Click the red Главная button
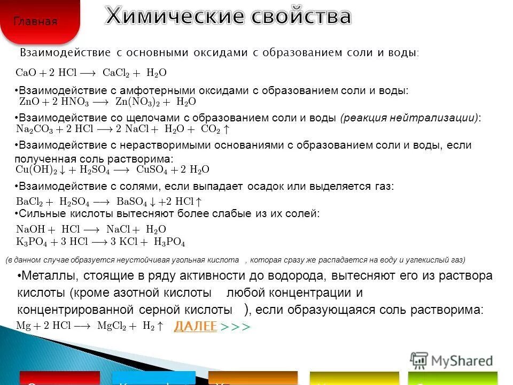pyautogui.click(x=35, y=21)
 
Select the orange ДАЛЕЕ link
pyautogui.click(x=196, y=326)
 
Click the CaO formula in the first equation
pyautogui.click(x=26, y=72)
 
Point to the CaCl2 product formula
pyautogui.click(x=118, y=72)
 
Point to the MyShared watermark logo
pyautogui.click(x=451, y=359)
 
